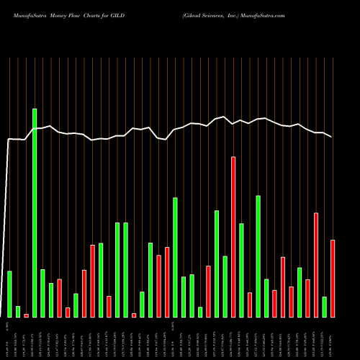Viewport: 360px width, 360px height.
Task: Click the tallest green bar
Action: (x=35, y=212)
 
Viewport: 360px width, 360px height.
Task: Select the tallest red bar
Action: (x=233, y=237)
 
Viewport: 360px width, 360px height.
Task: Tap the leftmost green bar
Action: (x=9, y=294)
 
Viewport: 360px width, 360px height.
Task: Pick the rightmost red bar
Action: (x=333, y=278)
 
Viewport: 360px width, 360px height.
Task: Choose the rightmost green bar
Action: (x=324, y=307)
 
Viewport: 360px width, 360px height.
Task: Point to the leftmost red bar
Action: (x=26, y=315)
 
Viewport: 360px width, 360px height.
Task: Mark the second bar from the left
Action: (x=18, y=311)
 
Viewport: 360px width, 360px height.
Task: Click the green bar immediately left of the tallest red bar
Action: (x=225, y=287)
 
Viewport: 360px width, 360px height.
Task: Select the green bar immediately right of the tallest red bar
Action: (x=241, y=270)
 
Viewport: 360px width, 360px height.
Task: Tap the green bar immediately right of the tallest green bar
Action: (x=42, y=293)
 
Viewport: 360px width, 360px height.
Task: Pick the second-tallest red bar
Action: (x=316, y=264)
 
